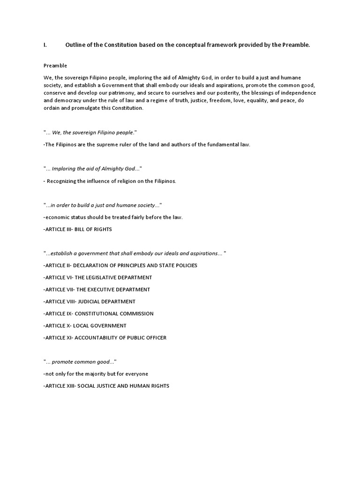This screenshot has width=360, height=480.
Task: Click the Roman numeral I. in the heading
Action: click(45, 45)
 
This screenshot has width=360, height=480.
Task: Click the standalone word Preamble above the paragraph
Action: click(55, 66)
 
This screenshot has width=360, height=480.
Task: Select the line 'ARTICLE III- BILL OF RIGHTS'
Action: click(77, 229)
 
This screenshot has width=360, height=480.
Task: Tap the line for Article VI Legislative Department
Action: click(97, 277)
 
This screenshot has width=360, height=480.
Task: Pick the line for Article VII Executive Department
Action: click(97, 290)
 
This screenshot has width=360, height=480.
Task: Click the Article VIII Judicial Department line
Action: click(89, 301)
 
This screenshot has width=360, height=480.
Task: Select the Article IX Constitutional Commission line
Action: click(98, 314)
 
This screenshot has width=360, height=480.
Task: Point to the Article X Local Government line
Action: click(85, 326)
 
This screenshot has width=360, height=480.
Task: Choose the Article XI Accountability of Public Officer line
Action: click(105, 337)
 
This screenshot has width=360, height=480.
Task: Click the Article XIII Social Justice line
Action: click(106, 386)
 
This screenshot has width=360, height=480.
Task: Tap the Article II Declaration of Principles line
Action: click(120, 265)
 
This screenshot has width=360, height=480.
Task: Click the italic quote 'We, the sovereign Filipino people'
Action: click(90, 133)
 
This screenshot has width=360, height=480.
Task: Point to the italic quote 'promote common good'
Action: click(80, 362)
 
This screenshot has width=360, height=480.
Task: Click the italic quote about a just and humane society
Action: click(103, 205)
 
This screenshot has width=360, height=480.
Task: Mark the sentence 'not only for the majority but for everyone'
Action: click(96, 374)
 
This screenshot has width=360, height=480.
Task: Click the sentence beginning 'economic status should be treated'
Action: click(112, 217)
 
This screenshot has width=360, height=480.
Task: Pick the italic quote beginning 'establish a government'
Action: click(135, 253)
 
